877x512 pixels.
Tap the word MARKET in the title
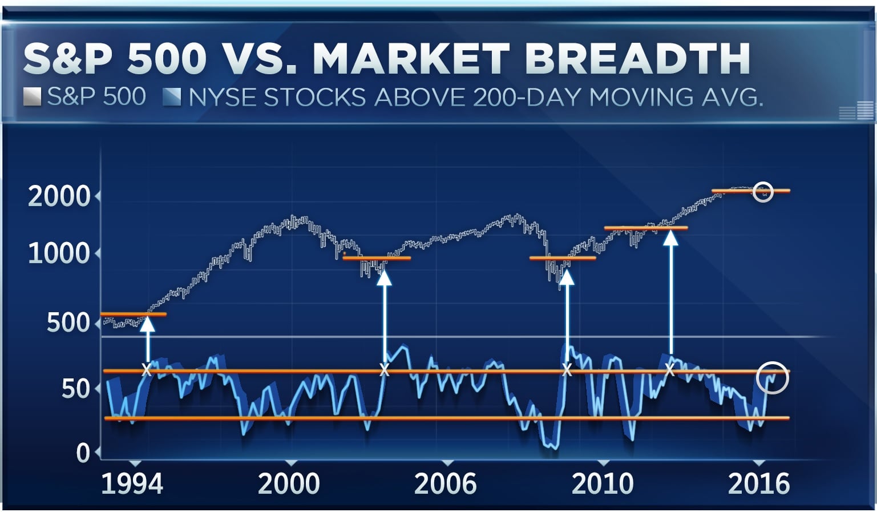tap(411, 59)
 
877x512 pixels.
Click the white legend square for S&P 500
tap(32, 97)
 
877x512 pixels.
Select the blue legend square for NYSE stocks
tap(172, 97)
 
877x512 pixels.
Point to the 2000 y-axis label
tap(59, 197)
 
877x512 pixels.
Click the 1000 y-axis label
tap(59, 253)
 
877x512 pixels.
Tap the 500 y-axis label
tap(68, 323)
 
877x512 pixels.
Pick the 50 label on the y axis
tap(76, 389)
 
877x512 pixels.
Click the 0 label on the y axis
tap(83, 453)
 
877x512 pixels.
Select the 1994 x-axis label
tap(132, 484)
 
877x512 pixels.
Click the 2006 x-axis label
tap(445, 484)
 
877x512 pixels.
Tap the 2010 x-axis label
tap(603, 484)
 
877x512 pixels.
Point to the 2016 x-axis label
tap(759, 484)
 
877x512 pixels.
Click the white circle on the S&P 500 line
tap(763, 192)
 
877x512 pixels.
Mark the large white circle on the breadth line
tap(773, 378)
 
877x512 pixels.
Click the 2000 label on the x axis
tap(289, 484)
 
